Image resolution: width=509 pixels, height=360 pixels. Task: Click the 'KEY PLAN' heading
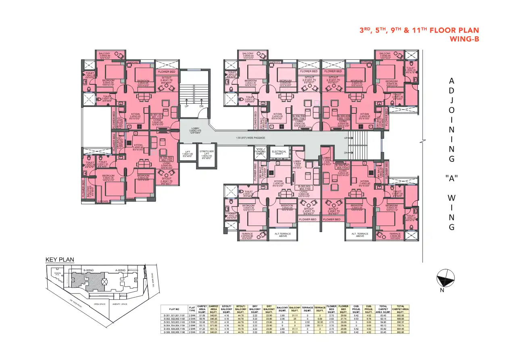tap(60, 260)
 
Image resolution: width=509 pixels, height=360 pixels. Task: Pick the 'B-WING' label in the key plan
tap(89, 270)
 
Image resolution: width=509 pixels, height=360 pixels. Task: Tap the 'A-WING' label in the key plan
tap(121, 270)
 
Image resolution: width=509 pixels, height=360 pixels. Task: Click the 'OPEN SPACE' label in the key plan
tap(99, 304)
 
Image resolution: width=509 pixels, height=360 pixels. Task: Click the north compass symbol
tap(446, 278)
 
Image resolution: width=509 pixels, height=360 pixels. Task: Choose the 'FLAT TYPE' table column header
tap(192, 309)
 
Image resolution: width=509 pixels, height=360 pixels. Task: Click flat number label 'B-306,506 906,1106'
tap(299, 117)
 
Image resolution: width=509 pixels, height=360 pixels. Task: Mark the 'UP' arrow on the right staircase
tap(346, 138)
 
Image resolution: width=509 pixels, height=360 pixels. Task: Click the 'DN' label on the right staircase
tap(346, 153)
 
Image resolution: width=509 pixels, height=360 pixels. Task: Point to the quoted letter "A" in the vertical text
tap(451, 177)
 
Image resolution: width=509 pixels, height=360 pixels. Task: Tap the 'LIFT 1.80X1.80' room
tap(188, 153)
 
